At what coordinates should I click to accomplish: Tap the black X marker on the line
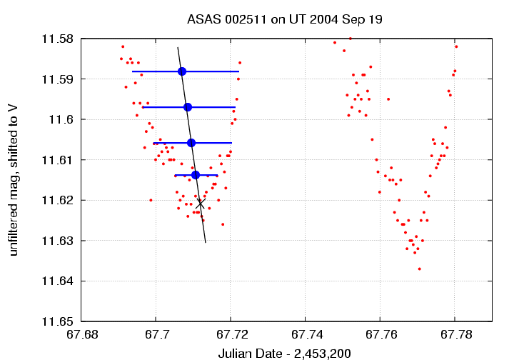(x=201, y=204)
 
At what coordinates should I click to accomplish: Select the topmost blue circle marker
(x=182, y=71)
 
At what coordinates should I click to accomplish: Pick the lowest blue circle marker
(x=196, y=175)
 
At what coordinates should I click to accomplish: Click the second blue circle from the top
(x=188, y=107)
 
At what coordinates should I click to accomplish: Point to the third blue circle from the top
(x=191, y=143)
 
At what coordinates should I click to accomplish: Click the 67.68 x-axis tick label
(x=81, y=334)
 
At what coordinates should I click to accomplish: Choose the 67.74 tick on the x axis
(x=305, y=334)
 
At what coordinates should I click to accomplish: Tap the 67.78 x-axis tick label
(x=454, y=334)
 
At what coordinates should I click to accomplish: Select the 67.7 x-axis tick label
(x=156, y=334)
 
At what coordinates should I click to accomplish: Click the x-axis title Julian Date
(x=284, y=353)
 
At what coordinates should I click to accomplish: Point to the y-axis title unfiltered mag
(x=13, y=180)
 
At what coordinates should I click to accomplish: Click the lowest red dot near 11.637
(x=419, y=269)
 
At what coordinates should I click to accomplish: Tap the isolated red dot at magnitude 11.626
(x=223, y=224)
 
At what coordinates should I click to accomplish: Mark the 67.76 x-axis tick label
(x=379, y=334)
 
